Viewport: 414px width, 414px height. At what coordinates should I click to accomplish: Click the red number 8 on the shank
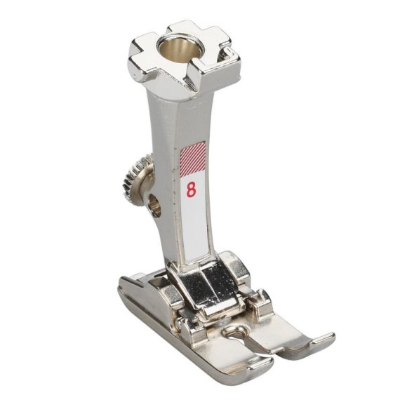pyautogui.click(x=192, y=190)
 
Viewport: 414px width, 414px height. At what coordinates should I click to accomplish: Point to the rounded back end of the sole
pyautogui.click(x=127, y=285)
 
